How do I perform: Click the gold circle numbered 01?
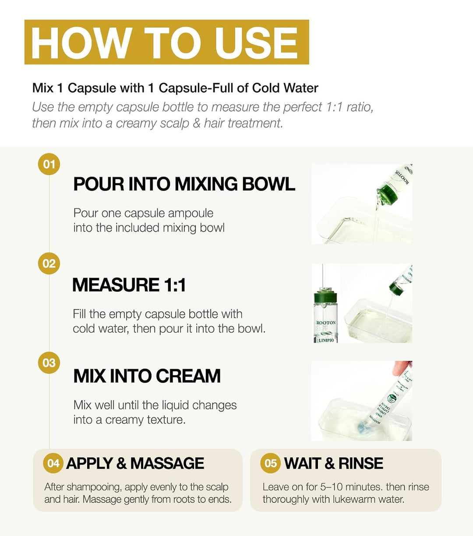click(49, 164)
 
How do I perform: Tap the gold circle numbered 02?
click(49, 264)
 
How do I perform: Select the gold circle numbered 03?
click(49, 363)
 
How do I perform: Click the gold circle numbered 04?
click(53, 463)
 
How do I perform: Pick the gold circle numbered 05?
click(270, 463)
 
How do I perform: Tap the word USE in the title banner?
click(256, 42)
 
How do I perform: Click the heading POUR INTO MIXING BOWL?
click(184, 184)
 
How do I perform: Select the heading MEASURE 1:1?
click(129, 285)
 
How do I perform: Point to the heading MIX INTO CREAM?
click(147, 376)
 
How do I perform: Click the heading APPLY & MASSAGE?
click(135, 463)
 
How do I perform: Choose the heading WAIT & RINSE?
click(333, 463)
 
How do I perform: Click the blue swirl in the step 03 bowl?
click(360, 427)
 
